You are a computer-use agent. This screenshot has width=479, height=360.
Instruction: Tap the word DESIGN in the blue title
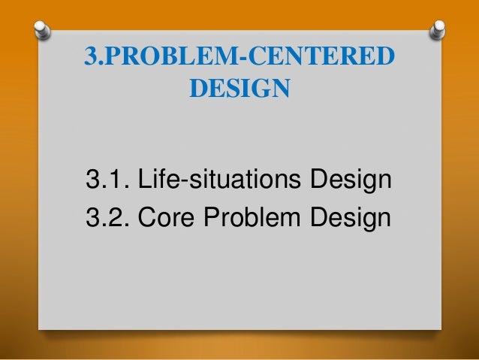(x=238, y=89)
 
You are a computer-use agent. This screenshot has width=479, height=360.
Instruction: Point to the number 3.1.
(x=107, y=180)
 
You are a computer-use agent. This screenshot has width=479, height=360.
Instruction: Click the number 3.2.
(x=107, y=219)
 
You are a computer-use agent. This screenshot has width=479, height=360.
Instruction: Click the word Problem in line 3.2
(x=261, y=219)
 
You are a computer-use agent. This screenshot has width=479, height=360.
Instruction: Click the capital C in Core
(x=144, y=219)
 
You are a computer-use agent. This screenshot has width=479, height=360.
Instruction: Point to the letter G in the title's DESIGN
(x=261, y=89)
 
